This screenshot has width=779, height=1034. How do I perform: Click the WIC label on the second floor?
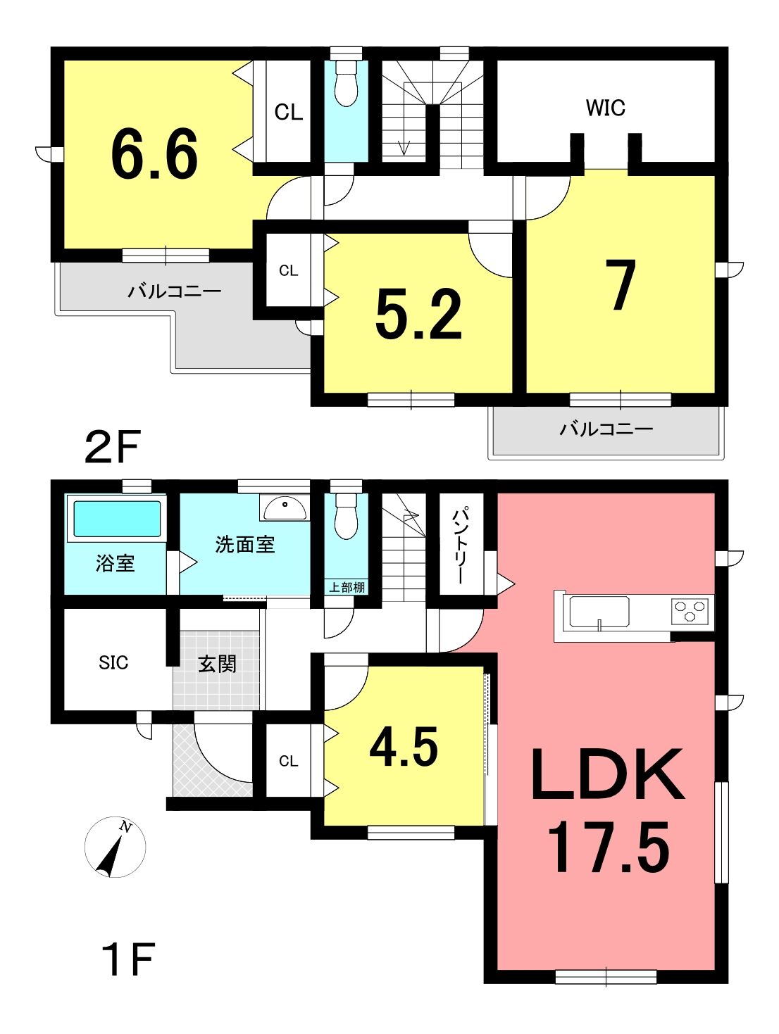[x=605, y=108]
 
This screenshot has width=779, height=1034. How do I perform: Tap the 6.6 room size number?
[x=154, y=154]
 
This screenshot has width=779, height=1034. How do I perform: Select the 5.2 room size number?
[x=418, y=314]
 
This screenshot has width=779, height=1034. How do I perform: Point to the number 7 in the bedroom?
[x=623, y=285]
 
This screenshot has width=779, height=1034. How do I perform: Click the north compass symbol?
[x=115, y=847]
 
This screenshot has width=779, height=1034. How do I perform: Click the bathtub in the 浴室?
[x=118, y=519]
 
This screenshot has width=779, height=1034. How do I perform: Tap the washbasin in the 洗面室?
[x=285, y=507]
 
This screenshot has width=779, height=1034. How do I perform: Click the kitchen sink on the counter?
[x=599, y=612]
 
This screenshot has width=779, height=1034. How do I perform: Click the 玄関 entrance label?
[x=217, y=664]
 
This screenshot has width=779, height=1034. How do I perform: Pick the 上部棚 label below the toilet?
[x=347, y=588]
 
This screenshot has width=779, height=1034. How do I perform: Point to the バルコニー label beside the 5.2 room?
[x=175, y=291]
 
